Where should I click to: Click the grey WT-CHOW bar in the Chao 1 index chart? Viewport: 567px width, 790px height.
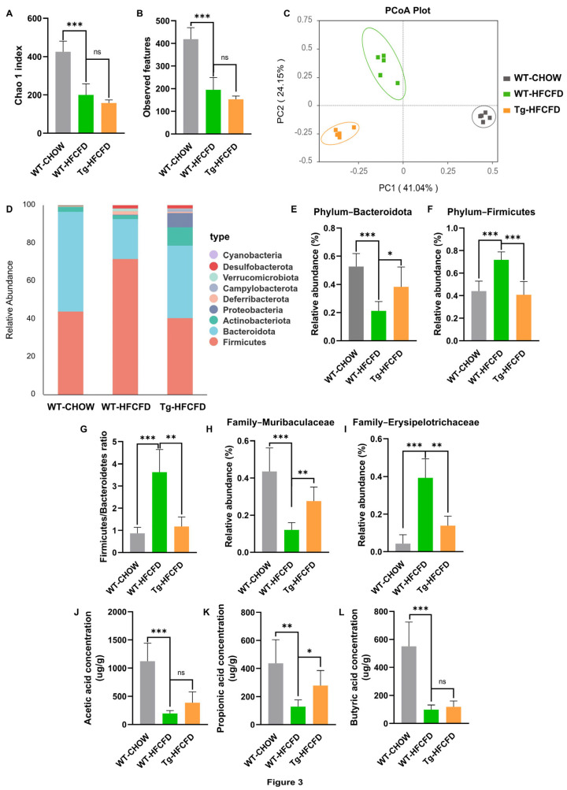[63, 92]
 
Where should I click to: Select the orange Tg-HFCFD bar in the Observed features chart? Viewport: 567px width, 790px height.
[235, 117]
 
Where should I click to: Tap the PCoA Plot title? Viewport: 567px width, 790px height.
[407, 10]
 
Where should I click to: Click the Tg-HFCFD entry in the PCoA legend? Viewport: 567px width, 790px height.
[532, 109]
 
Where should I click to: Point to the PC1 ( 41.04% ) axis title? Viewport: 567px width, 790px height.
[409, 188]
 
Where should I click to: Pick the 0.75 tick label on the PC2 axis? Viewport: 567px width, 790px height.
[305, 20]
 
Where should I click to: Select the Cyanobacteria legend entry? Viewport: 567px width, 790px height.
[246, 255]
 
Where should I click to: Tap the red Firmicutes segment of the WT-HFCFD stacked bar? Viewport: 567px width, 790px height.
[125, 327]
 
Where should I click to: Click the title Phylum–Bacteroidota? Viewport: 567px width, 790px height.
[362, 212]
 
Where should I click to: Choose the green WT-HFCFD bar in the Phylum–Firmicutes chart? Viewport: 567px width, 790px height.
[501, 300]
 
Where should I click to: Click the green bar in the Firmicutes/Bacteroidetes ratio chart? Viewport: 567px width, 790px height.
[159, 512]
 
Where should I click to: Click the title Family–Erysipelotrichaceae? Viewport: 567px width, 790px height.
[416, 422]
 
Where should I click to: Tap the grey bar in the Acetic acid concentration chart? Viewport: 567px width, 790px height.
[147, 693]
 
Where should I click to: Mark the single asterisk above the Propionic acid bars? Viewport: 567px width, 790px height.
[309, 652]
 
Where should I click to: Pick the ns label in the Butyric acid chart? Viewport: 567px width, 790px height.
[442, 681]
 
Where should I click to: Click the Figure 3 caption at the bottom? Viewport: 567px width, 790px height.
[285, 782]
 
